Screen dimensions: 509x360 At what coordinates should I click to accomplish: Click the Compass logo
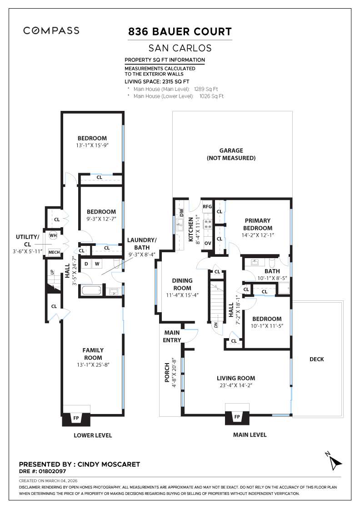(51, 31)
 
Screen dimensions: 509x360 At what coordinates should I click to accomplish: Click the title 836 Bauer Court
(180, 32)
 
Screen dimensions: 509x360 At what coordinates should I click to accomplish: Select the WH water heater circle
(53, 236)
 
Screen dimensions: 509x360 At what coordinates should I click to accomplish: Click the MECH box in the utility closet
(54, 252)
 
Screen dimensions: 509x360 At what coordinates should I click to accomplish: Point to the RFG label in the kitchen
(207, 206)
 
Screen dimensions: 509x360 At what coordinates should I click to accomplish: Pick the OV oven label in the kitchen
(208, 243)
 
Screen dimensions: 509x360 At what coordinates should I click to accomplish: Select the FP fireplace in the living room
(237, 417)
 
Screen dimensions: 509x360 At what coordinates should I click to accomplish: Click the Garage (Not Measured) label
(231, 154)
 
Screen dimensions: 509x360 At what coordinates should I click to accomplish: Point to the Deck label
(316, 359)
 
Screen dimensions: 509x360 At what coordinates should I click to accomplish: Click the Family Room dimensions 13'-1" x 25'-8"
(93, 365)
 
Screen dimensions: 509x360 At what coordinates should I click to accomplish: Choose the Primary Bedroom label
(257, 225)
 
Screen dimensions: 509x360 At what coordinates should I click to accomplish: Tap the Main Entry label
(172, 336)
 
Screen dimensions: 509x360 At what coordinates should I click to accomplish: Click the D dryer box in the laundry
(86, 264)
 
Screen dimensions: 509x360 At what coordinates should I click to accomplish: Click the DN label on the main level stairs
(216, 324)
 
